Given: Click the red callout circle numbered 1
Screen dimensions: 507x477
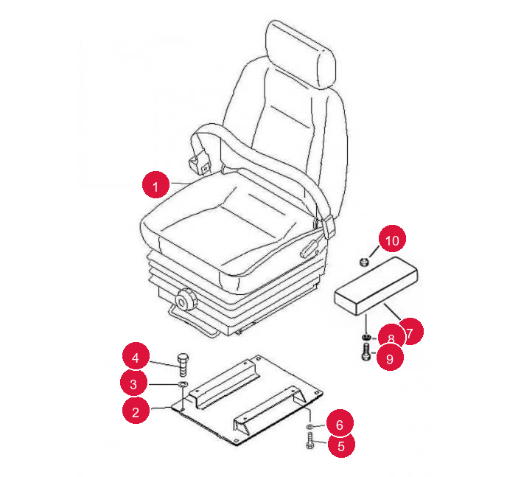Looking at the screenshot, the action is [155, 184].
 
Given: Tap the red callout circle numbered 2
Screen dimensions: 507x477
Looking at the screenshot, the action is [136, 411].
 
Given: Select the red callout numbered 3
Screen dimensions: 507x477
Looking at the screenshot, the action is [133, 384].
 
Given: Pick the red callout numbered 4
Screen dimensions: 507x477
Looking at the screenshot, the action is [136, 356].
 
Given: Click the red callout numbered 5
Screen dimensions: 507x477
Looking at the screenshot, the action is [341, 445].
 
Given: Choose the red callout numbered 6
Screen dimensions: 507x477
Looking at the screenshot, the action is [340, 424].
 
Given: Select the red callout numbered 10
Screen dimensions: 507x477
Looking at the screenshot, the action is [392, 239].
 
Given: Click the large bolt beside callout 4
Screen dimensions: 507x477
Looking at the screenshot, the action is [183, 365].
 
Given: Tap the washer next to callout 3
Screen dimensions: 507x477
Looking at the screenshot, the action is [183, 385].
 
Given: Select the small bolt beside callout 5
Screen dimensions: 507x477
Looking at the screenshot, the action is [310, 442].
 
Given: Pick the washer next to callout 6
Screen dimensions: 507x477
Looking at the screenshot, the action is [310, 427].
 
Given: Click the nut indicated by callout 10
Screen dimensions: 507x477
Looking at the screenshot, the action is [364, 262].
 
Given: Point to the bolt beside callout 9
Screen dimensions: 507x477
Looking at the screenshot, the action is [366, 352].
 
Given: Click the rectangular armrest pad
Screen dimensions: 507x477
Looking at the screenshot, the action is [376, 286].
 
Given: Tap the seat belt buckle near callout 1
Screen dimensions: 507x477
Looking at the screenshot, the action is [199, 163].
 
